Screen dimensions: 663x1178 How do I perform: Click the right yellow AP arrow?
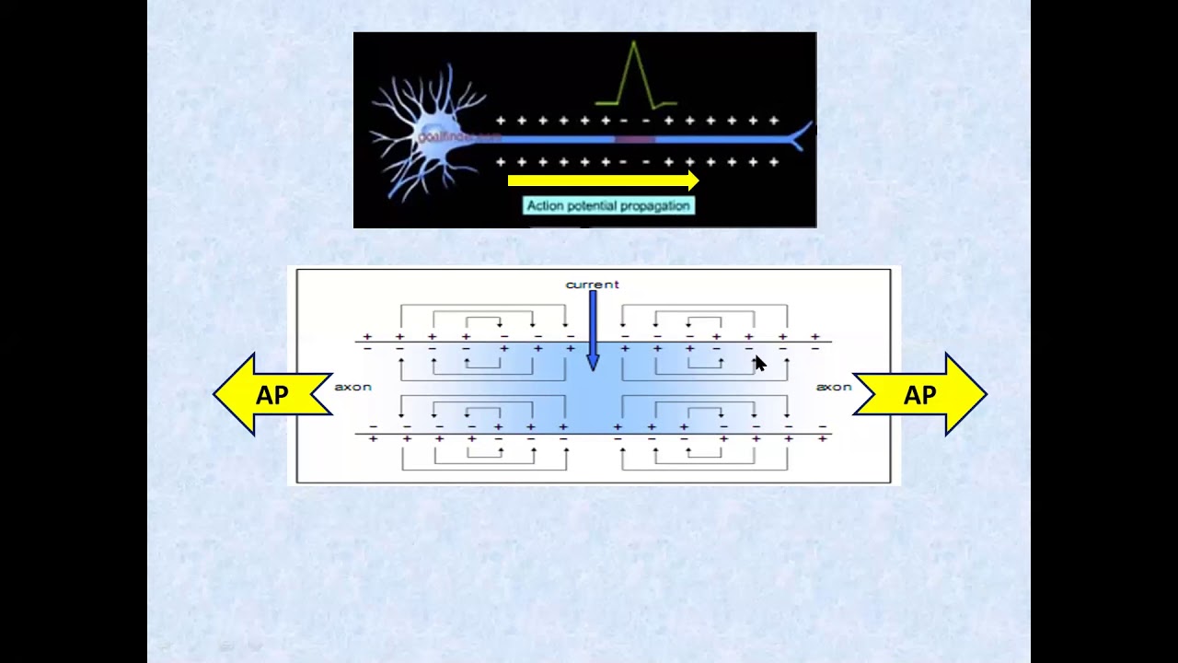click(920, 395)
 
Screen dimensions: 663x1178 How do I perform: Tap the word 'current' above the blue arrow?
click(592, 285)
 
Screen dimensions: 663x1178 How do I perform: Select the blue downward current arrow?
click(592, 327)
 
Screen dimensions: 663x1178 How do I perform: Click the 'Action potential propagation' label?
click(608, 206)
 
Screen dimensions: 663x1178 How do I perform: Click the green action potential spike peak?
click(634, 43)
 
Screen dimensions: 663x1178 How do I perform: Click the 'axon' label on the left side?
click(352, 387)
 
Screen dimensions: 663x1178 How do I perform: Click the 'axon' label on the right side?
click(834, 387)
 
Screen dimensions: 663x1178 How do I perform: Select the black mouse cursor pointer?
click(759, 364)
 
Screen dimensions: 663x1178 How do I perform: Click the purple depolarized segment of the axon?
click(634, 140)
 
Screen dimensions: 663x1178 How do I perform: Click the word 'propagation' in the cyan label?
click(654, 206)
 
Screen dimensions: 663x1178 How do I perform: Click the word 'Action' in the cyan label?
click(545, 206)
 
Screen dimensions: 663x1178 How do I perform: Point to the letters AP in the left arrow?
click(272, 395)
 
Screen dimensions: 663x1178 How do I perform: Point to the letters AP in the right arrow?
click(920, 395)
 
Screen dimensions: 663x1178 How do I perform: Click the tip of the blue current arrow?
click(592, 367)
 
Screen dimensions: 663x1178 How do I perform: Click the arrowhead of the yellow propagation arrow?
click(692, 181)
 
